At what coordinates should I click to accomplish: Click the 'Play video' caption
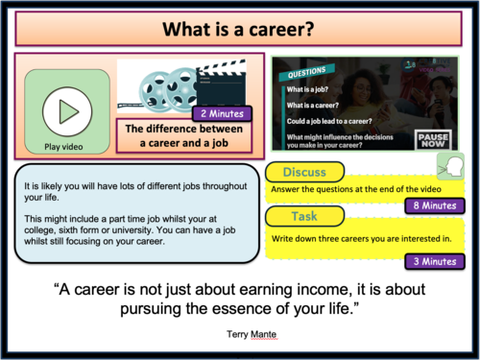point(66,147)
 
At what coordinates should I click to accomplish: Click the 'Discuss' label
point(305,172)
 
